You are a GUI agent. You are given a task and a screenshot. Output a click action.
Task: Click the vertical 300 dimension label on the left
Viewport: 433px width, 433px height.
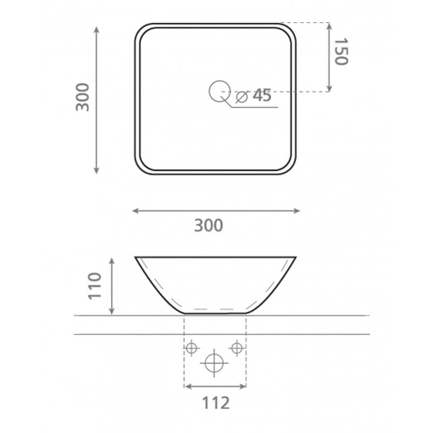coord(82,97)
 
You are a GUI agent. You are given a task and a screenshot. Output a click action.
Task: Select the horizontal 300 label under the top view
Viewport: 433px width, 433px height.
coord(208,225)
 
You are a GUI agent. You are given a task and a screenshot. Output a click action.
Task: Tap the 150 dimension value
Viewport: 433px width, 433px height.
coord(339,52)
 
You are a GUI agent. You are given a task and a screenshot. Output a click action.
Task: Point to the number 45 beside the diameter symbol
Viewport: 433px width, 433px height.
coord(262,96)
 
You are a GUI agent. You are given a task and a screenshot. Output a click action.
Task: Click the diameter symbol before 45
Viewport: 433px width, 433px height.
coord(242,97)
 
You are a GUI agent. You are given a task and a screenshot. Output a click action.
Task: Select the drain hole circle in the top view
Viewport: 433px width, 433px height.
coord(219,91)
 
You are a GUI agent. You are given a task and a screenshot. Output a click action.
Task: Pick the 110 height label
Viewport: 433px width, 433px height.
coord(95,286)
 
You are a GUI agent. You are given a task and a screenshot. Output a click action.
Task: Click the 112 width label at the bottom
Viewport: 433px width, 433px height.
coord(215,403)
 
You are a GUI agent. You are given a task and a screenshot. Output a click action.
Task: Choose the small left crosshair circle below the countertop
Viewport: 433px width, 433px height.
coord(191,348)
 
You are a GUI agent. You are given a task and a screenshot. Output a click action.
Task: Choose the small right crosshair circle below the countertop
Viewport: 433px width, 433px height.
coord(237,348)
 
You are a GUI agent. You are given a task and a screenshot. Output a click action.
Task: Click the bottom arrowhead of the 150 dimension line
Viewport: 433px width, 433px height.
coord(329,89)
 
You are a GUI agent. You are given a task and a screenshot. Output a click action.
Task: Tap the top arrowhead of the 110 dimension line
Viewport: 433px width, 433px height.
coord(112,260)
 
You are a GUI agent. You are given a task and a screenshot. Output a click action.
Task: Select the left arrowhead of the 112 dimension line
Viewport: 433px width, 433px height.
coord(187,386)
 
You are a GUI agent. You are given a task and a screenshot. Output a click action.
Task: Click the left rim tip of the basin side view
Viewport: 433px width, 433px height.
coord(135,257)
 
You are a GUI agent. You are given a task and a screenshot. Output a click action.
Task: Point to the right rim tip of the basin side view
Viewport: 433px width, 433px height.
coord(296,257)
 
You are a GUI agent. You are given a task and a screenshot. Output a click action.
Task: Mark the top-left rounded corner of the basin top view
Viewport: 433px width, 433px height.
coord(140,30)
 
